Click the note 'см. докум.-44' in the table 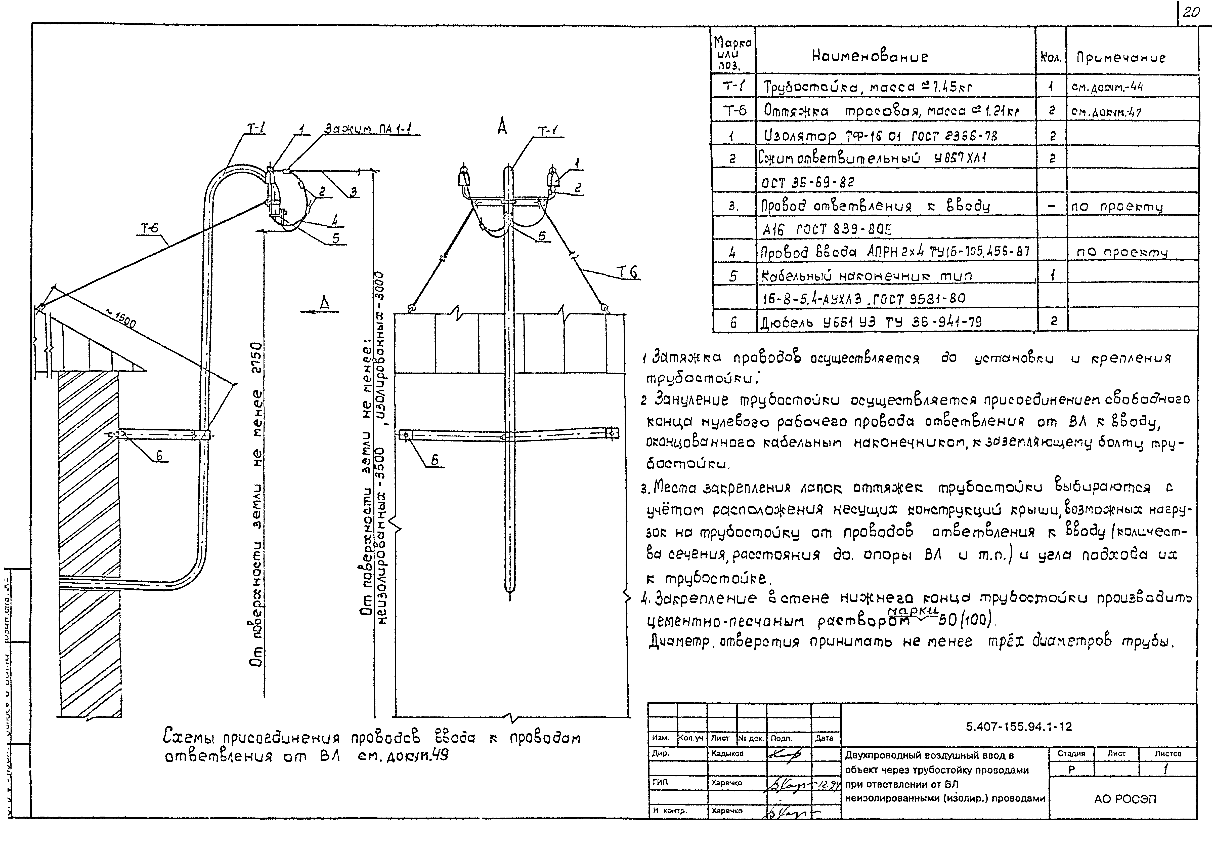coord(1107,87)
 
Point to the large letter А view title coord(502,127)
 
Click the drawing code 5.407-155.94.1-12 coord(1018,727)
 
